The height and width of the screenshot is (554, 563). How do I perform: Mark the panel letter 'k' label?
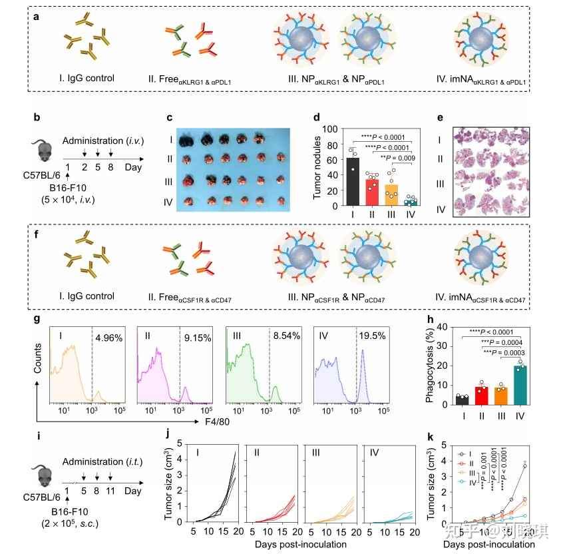coord(432,438)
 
